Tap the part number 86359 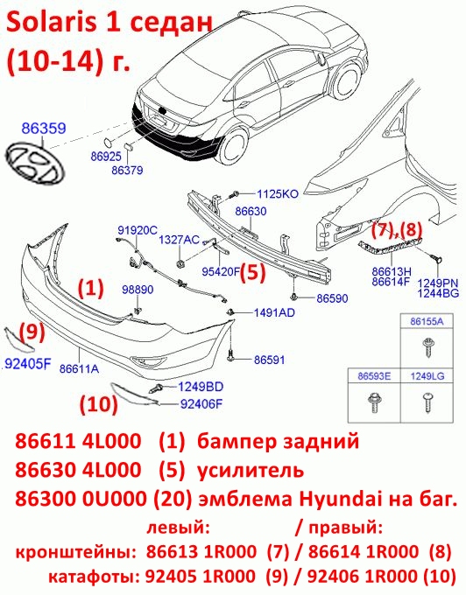44,129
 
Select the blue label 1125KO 278,194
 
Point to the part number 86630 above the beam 251,211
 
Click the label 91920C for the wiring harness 138,230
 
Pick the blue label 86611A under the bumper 79,368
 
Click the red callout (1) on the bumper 91,289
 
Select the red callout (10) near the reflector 98,403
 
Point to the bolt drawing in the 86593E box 374,403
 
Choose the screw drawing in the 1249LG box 427,403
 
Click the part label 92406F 201,404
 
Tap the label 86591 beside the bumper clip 269,360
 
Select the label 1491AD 274,312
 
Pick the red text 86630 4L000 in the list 78,470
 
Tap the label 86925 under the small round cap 106,156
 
